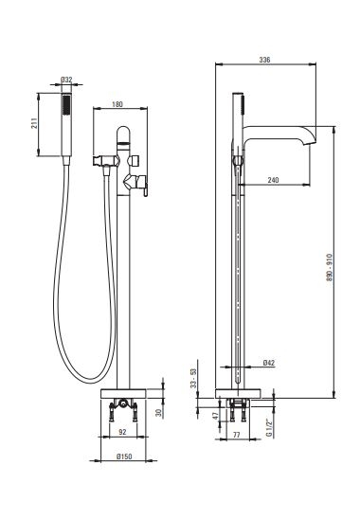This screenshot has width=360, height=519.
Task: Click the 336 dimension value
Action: click(x=264, y=60)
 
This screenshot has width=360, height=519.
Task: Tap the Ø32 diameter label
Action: click(x=66, y=80)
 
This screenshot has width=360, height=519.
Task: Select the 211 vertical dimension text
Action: click(x=34, y=124)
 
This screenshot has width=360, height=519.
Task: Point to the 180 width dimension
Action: click(x=117, y=104)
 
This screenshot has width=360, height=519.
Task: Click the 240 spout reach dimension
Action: click(x=273, y=180)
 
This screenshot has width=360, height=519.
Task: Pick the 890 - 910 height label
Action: click(x=329, y=268)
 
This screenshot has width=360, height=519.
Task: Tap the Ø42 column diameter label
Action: click(x=269, y=363)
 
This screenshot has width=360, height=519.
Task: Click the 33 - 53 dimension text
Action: click(x=193, y=379)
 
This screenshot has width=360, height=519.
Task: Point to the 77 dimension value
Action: click(x=237, y=435)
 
